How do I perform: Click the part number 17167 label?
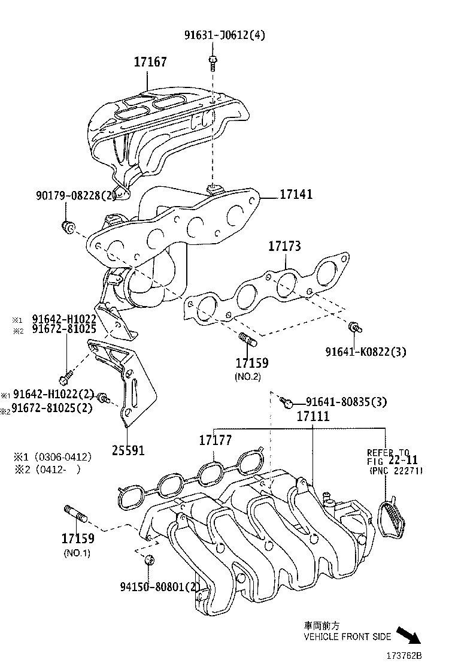pos(150,62)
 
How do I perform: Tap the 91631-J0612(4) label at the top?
pos(224,35)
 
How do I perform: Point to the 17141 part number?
pos(295,194)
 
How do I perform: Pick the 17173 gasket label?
pos(284,246)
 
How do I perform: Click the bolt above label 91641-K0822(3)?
pos(354,327)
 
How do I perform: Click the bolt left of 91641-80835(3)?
pos(286,401)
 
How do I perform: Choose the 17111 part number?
pos(313,416)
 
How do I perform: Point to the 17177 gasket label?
pos(215,441)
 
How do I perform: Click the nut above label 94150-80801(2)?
pos(150,561)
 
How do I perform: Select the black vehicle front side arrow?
pos(411,634)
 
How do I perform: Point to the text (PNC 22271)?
pos(396,471)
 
